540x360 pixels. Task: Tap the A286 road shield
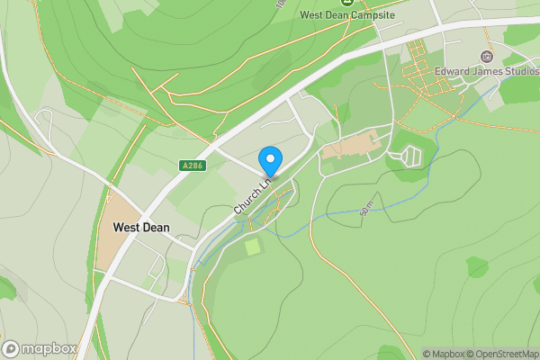191,166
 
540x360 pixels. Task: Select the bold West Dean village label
142,228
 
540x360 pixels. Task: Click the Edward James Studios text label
486,72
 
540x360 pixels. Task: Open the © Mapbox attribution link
444,354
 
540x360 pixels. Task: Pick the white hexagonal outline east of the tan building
408,157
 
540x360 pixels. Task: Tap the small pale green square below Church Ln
253,246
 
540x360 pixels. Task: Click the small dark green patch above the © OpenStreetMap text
477,266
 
